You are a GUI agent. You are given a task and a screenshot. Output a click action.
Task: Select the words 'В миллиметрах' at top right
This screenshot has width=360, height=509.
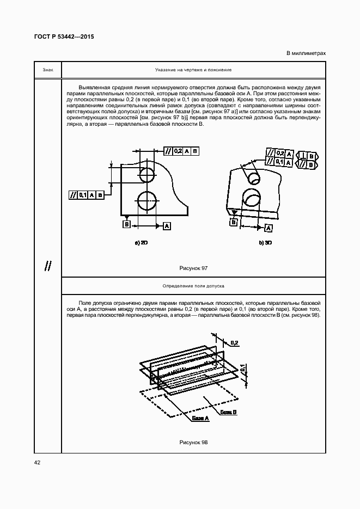(x=306, y=53)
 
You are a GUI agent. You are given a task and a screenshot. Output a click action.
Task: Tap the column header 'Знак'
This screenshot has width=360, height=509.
(x=48, y=70)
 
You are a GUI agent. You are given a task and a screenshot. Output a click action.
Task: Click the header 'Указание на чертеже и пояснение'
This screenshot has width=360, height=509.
(x=193, y=70)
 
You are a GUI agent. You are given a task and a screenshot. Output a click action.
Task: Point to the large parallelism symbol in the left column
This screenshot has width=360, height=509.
(x=48, y=266)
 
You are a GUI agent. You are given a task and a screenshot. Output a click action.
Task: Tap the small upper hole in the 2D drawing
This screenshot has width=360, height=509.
(x=146, y=175)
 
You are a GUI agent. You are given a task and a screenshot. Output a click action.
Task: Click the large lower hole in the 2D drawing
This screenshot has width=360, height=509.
(x=146, y=200)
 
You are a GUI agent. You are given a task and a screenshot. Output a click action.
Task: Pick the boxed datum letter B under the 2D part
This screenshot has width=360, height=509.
(x=126, y=224)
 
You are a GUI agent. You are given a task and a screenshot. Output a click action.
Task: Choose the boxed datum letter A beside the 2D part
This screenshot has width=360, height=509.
(x=167, y=225)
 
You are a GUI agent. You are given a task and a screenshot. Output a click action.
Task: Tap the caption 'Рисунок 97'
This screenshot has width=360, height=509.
(x=193, y=268)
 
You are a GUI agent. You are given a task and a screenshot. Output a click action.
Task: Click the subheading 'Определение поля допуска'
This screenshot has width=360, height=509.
(x=193, y=285)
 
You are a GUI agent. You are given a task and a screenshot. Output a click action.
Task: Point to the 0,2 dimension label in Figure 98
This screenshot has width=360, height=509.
(x=234, y=342)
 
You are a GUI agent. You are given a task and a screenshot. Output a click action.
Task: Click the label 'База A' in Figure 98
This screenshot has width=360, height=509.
(x=200, y=418)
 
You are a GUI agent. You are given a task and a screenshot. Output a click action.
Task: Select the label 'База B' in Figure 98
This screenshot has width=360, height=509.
(x=228, y=413)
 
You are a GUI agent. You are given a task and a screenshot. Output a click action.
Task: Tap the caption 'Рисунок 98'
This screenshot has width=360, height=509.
(x=193, y=442)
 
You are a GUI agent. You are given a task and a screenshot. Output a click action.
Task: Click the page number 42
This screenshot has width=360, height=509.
(x=37, y=462)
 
